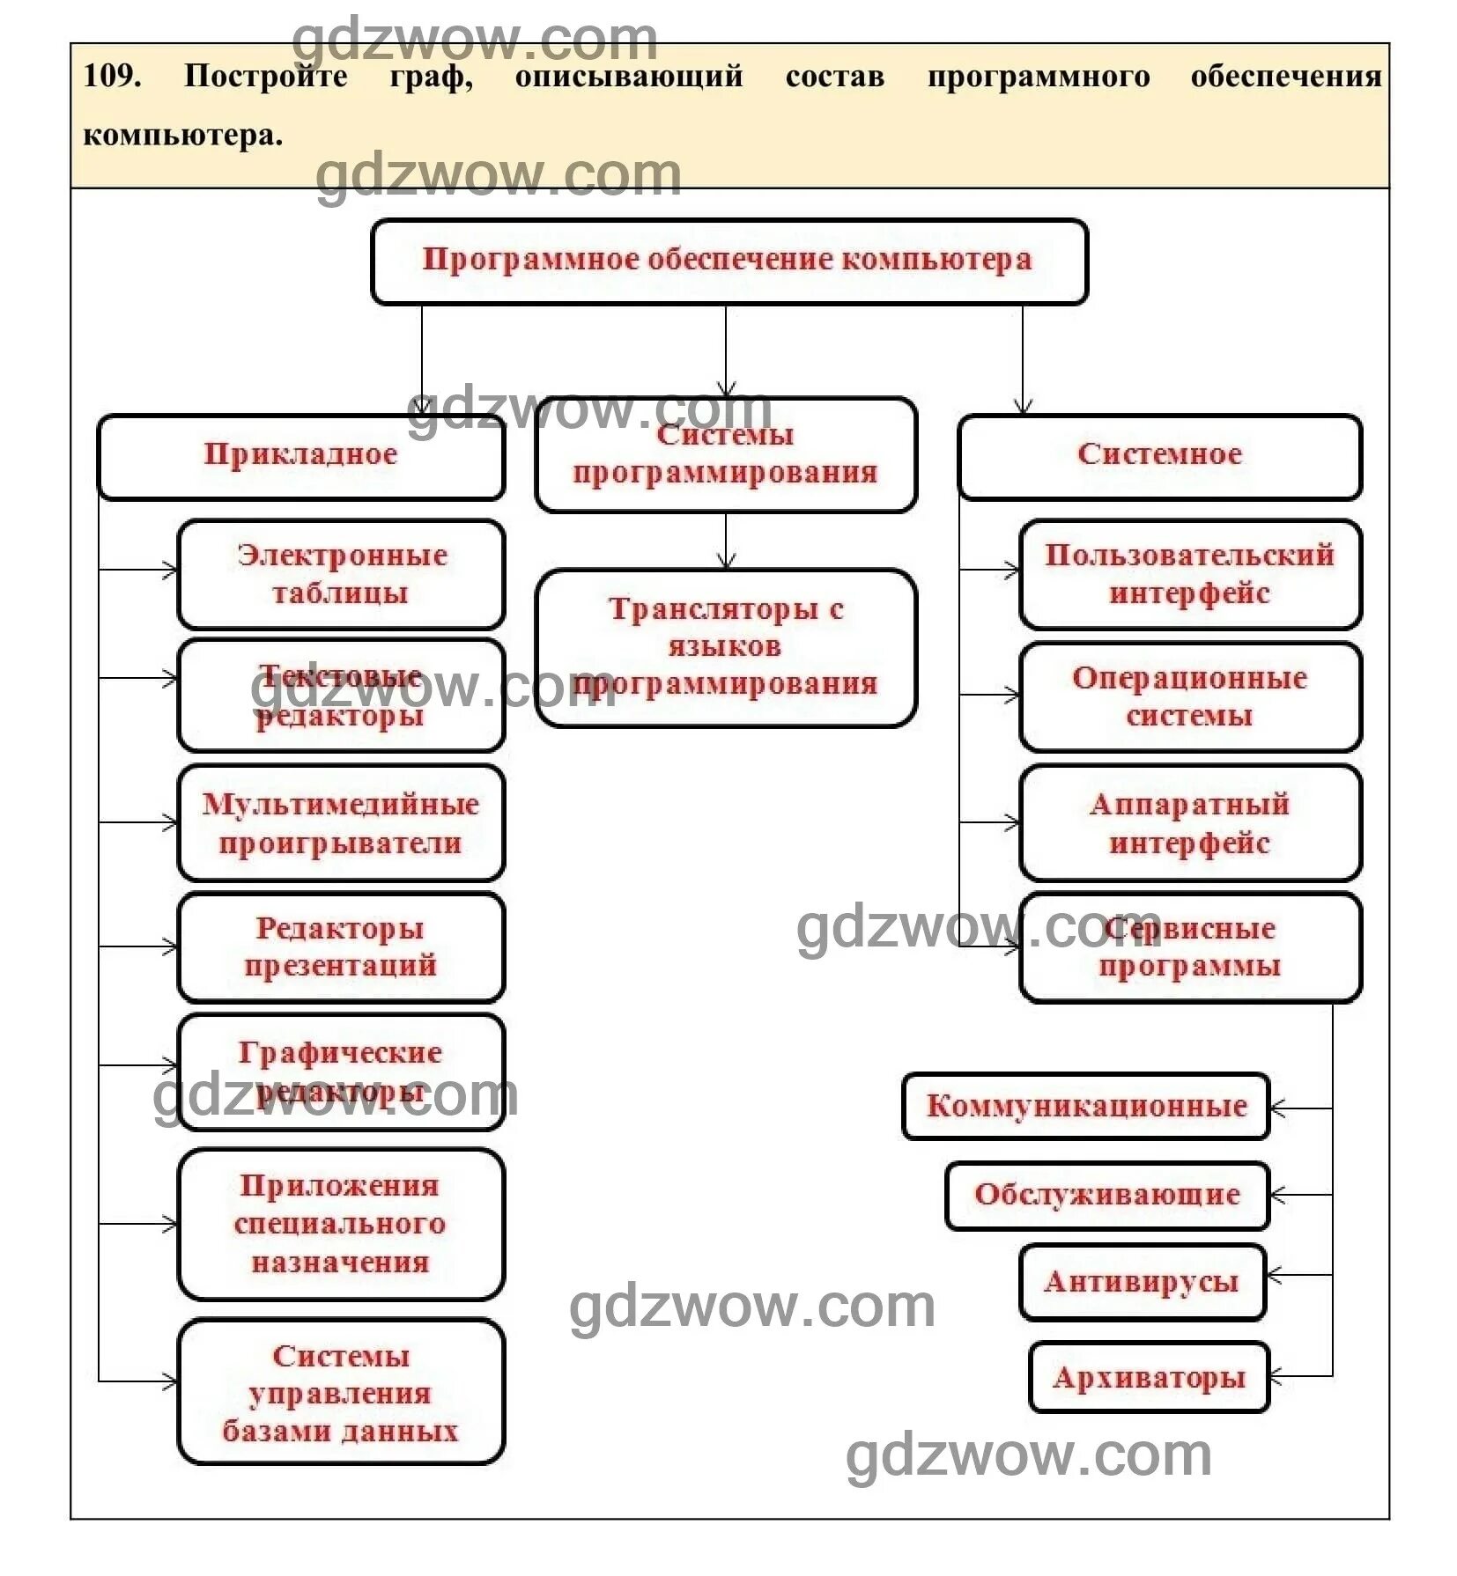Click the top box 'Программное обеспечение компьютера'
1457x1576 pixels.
point(728,261)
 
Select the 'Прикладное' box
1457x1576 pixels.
point(300,456)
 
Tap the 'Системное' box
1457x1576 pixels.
point(1159,456)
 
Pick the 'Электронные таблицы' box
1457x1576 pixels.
point(341,574)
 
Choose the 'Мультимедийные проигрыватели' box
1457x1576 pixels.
point(341,823)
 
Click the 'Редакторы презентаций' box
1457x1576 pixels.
point(341,947)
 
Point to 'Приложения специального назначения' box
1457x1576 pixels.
point(341,1224)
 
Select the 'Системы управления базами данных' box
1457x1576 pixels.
point(341,1393)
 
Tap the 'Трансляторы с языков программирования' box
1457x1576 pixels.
point(726,647)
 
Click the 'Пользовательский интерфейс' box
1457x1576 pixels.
point(1189,574)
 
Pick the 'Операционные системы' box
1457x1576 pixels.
point(1189,696)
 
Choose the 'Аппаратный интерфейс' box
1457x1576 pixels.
point(1189,823)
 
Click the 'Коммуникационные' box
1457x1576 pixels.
point(1086,1107)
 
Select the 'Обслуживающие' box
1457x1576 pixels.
point(1107,1196)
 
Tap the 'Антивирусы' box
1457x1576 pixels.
point(1142,1282)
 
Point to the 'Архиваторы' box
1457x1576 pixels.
point(1149,1378)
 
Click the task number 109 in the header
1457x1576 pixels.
point(111,76)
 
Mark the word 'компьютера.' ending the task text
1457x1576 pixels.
point(183,136)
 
